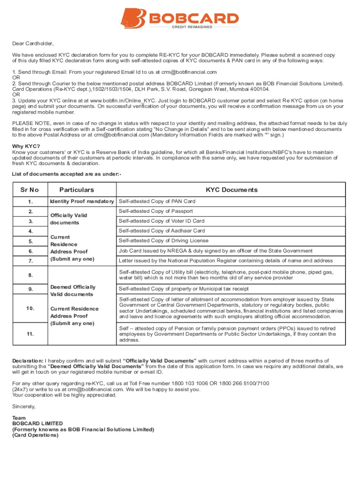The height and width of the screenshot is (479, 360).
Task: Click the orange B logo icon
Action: tap(134, 18)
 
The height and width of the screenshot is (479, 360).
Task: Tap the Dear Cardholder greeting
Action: tap(33, 44)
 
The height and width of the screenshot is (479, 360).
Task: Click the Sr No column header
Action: tap(29, 190)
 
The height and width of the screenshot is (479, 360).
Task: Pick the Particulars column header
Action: tap(77, 190)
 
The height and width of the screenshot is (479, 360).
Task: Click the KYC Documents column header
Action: tap(231, 190)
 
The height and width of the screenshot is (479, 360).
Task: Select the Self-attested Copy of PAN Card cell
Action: tap(157, 202)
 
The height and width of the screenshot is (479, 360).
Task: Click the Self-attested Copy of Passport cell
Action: tap(156, 211)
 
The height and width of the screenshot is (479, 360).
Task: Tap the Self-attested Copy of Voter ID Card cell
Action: tap(161, 221)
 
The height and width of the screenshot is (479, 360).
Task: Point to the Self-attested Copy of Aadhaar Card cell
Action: tap(162, 231)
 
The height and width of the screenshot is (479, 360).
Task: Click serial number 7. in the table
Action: tap(30, 261)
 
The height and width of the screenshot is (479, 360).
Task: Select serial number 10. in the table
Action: tap(30, 309)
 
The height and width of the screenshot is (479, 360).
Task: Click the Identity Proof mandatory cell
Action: tap(82, 202)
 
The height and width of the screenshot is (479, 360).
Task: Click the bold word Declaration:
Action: tap(28, 361)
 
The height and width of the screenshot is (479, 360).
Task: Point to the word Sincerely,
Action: tap(24, 407)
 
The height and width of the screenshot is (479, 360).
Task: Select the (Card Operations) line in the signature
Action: tap(36, 435)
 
